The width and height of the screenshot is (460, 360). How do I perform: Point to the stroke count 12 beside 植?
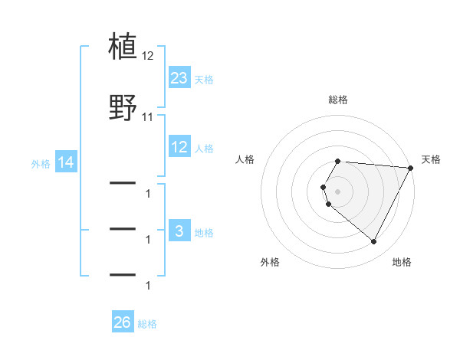148,56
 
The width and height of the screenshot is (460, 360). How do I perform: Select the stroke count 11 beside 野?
148,117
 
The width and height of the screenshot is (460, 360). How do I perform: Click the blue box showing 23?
179,78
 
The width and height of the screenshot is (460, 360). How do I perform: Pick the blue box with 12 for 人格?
179,147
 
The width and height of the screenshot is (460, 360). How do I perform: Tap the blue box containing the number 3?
179,231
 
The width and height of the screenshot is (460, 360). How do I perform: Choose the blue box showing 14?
65,162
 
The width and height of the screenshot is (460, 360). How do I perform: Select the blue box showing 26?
122,323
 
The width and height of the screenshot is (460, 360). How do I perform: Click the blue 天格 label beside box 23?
204,79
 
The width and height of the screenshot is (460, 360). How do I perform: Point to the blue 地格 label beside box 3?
204,232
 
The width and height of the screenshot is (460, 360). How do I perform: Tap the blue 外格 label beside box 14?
41,163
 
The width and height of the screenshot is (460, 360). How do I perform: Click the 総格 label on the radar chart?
338,100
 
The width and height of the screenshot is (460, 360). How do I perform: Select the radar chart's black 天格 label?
432,159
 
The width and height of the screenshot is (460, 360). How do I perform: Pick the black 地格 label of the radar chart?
402,262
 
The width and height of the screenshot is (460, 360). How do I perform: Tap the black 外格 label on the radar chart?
270,262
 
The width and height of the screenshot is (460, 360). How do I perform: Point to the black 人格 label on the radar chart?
245,159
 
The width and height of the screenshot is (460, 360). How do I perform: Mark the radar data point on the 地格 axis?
374,242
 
